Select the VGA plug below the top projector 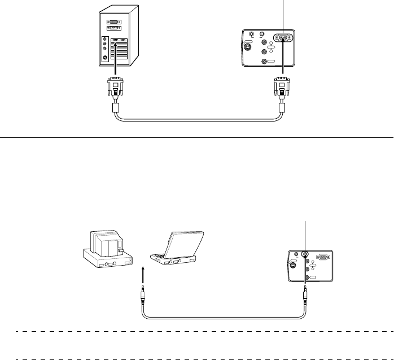tap(281, 88)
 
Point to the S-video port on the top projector tap(249, 47)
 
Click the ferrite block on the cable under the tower tap(115, 107)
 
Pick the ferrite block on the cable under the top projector tap(282, 107)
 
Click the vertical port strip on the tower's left tap(104, 51)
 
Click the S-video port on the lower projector tap(292, 264)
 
